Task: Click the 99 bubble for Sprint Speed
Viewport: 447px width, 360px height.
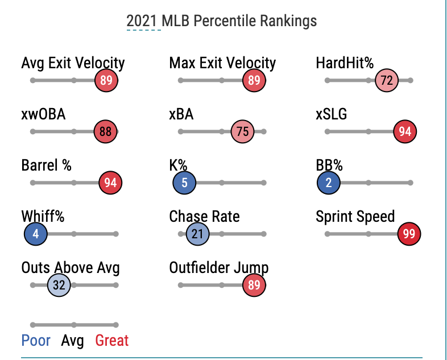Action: tap(408, 234)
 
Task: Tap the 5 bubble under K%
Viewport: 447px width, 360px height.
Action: tap(185, 183)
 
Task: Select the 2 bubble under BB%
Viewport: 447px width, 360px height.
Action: tap(329, 183)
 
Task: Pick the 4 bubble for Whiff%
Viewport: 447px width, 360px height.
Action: tap(36, 234)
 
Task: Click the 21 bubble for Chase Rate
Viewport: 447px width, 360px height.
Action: tap(198, 234)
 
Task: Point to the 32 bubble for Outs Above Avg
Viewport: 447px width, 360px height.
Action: tap(59, 285)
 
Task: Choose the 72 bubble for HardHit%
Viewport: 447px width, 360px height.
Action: tap(387, 80)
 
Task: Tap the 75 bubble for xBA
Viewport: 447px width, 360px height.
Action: tap(242, 131)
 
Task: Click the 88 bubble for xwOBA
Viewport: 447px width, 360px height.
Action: tap(106, 131)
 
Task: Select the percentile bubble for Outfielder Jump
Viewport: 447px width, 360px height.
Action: tap(254, 285)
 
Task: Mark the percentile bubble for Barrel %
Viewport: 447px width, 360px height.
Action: tap(110, 183)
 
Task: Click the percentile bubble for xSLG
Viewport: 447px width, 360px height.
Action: tap(405, 131)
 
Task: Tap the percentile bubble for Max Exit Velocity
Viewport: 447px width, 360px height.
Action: tap(254, 80)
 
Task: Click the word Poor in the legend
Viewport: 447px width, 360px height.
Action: tap(36, 341)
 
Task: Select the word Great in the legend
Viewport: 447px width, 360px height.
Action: tap(112, 341)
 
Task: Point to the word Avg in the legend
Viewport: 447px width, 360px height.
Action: tap(72, 341)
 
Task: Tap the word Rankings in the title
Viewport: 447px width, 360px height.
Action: tap(288, 21)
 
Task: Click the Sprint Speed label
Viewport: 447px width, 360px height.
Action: tap(355, 217)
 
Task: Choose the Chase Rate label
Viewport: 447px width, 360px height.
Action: tap(204, 217)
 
